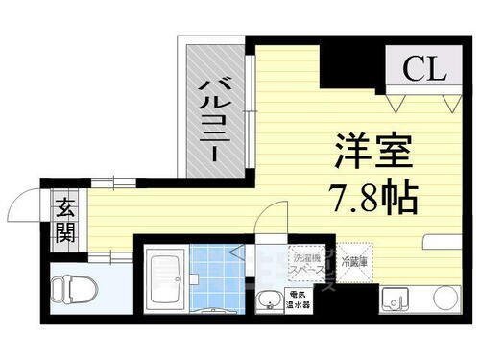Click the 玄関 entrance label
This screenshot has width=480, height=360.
(66, 219)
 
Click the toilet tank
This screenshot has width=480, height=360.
(55, 289)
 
